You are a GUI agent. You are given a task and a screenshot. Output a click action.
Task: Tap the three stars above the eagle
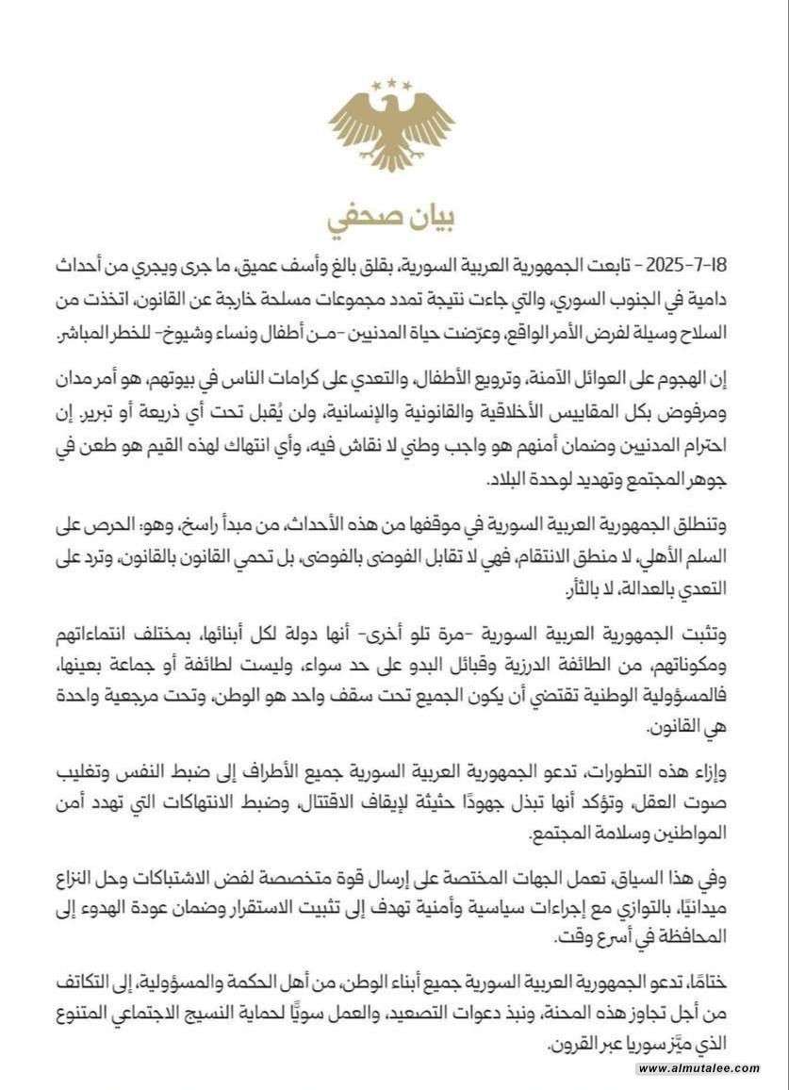coord(392,85)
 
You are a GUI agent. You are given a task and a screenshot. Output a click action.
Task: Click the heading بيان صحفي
coord(392,216)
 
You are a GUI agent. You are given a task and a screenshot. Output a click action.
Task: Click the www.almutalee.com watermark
coord(698,1068)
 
